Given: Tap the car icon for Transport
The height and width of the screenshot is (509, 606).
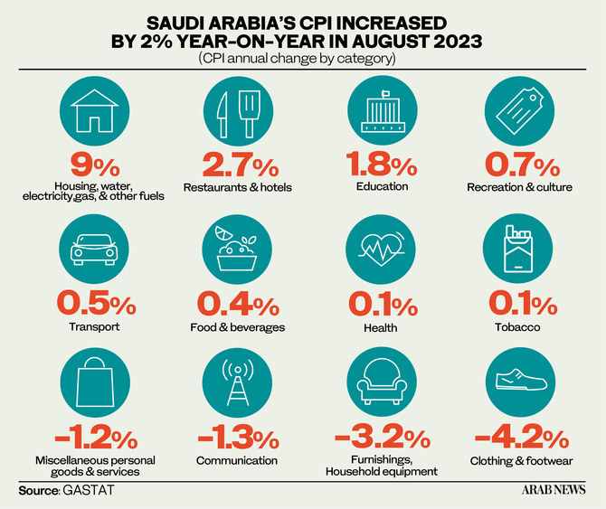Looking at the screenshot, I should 95,250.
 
